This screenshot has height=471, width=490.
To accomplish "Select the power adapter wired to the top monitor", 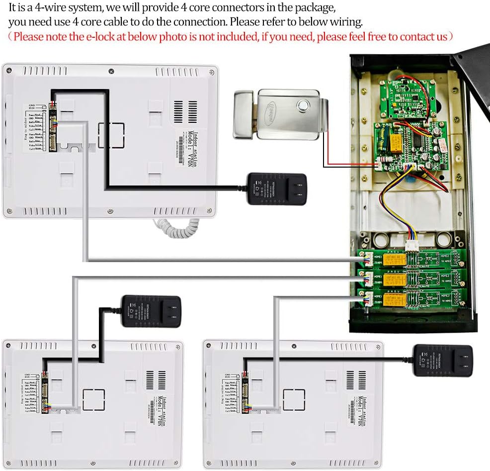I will point(277,189).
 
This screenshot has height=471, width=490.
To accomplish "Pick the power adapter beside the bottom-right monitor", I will point(443,361).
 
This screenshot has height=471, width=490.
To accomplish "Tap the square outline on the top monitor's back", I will point(109,134).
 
